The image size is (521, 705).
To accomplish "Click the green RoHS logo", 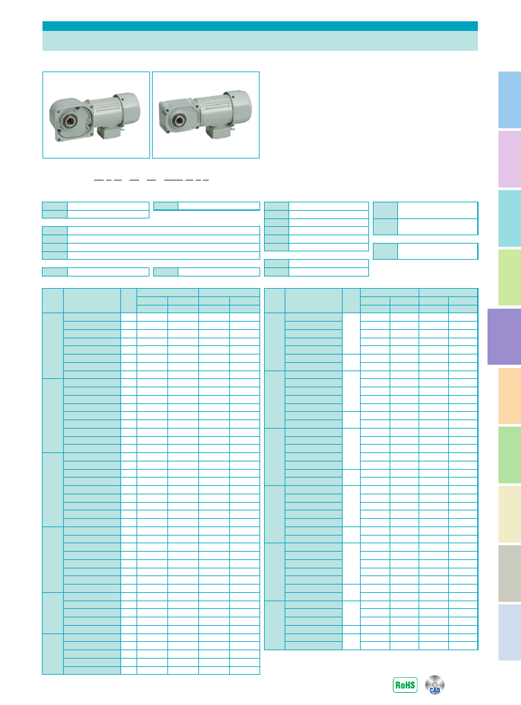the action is click(x=405, y=685).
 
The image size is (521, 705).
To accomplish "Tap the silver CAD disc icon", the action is click(x=435, y=685).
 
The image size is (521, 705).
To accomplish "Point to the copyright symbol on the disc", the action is click(x=434, y=684).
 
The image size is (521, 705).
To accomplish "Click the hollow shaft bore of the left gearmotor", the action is click(x=69, y=120).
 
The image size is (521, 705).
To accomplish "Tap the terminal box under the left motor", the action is click(x=109, y=131).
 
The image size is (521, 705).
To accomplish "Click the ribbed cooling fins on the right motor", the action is click(x=211, y=111).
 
